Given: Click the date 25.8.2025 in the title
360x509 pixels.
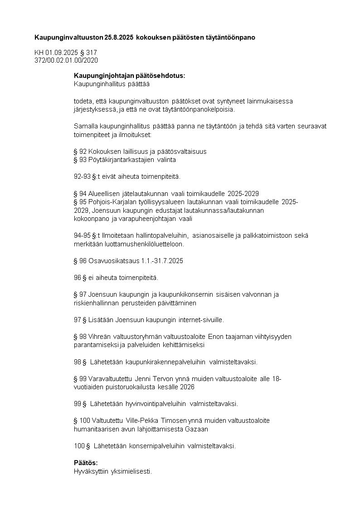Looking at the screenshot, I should point(119,37).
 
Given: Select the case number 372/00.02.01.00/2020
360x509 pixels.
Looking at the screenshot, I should point(66,60).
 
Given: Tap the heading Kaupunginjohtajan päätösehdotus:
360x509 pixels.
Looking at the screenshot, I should point(130,76).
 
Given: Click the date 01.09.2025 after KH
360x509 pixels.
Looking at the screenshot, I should point(62,53).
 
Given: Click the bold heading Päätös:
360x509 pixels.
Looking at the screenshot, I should point(86,463).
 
